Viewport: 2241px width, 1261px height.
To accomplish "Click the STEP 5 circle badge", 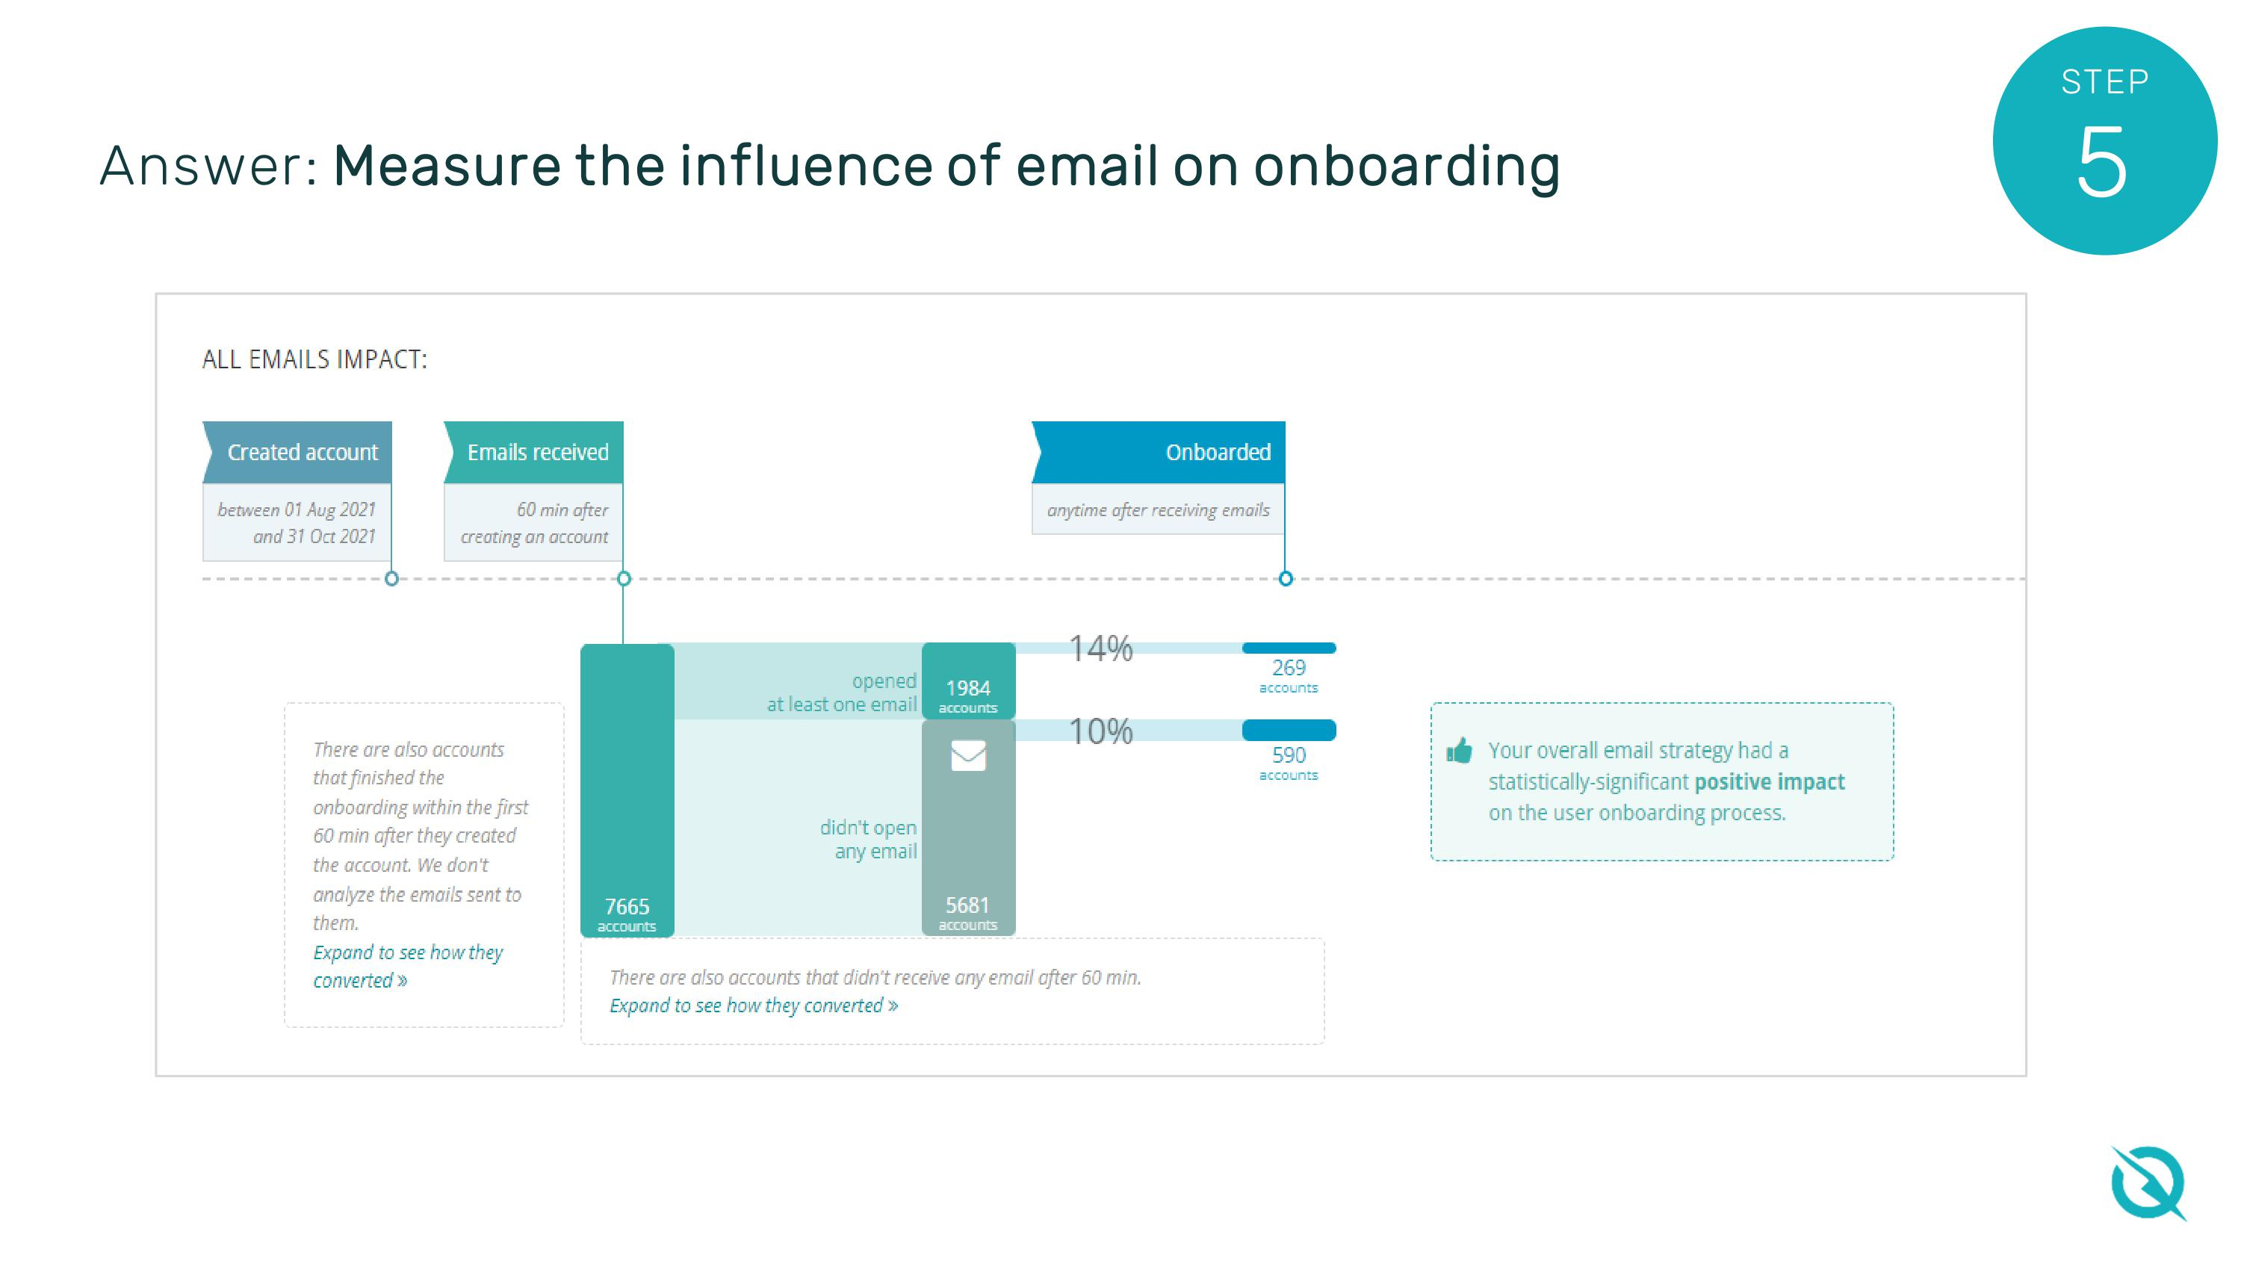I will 2104,141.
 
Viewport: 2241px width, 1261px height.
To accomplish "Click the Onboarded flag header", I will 1159,453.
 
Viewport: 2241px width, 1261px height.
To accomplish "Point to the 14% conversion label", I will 1100,648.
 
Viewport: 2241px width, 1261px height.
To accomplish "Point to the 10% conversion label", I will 1100,731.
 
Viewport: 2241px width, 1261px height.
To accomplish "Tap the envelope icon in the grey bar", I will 967,755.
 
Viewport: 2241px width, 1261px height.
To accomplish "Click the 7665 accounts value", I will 627,908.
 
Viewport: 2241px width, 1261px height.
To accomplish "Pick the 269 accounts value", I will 1289,669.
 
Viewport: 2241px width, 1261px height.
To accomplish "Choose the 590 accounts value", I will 1289,755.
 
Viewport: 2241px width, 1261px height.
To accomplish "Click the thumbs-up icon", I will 1459,751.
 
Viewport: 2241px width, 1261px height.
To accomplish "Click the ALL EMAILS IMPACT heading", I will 314,359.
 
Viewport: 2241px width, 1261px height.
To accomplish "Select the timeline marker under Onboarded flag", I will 1286,579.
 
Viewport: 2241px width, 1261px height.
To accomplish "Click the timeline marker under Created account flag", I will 391,579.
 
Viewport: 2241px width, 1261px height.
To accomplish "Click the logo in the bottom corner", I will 2147,1183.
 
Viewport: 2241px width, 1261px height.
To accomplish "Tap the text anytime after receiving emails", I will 1158,510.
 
